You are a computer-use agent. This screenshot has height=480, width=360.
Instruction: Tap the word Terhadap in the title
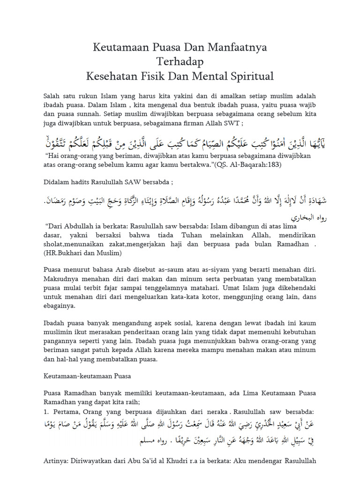pyautogui.click(x=180, y=61)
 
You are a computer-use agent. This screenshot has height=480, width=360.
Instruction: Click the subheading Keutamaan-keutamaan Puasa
pyautogui.click(x=87, y=376)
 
